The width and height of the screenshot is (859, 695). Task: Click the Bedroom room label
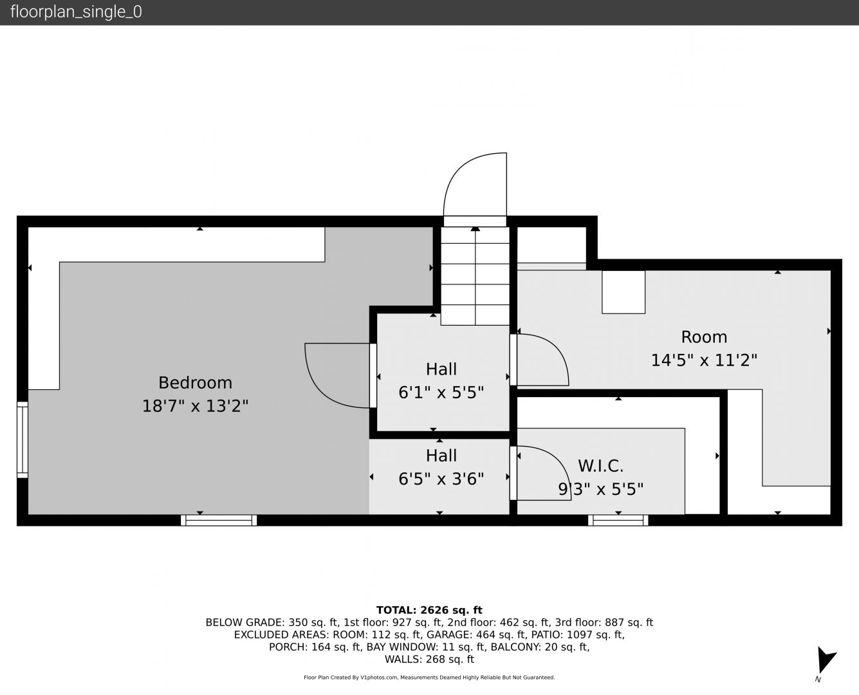pyautogui.click(x=195, y=383)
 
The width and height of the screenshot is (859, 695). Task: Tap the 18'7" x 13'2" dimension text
pyautogui.click(x=195, y=406)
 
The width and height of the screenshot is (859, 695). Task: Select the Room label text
pyautogui.click(x=704, y=337)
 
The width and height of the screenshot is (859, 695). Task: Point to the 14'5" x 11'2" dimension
pyautogui.click(x=704, y=360)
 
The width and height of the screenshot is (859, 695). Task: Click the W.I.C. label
pyautogui.click(x=600, y=466)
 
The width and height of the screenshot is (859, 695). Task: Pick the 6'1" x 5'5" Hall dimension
pyautogui.click(x=441, y=393)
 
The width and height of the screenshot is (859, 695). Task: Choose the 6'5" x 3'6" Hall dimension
pyautogui.click(x=441, y=479)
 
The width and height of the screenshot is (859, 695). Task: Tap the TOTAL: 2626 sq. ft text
pyautogui.click(x=429, y=610)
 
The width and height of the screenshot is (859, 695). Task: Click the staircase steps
pyautogui.click(x=475, y=276)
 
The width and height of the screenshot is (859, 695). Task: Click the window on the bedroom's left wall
pyautogui.click(x=22, y=440)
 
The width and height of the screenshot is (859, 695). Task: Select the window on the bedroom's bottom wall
pyautogui.click(x=219, y=521)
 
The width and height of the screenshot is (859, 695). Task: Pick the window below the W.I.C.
pyautogui.click(x=618, y=521)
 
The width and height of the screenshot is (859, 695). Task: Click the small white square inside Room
pyautogui.click(x=623, y=292)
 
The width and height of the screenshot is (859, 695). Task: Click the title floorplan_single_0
pyautogui.click(x=76, y=12)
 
